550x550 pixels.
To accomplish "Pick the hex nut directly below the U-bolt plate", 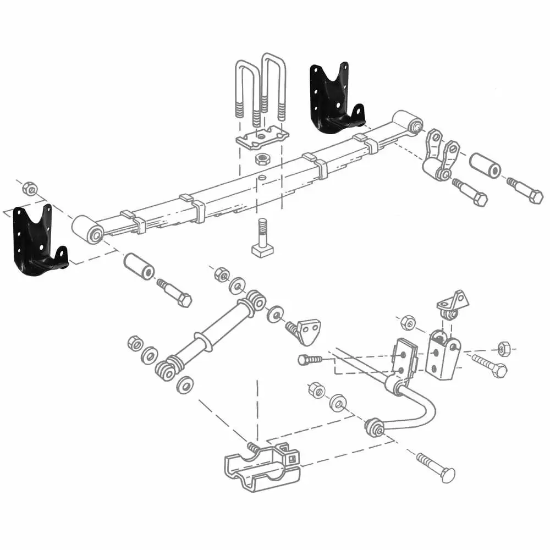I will click(x=262, y=159).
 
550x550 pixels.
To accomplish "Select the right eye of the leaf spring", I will click(x=408, y=122).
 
